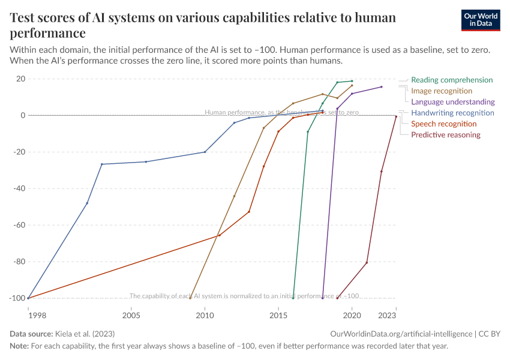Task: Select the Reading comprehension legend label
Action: pos(452,80)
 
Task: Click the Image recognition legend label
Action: pos(442,91)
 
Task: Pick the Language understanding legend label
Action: pos(452,102)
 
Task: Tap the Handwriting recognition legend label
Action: pos(452,113)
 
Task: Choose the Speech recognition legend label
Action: pos(443,124)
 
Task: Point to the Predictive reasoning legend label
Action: pos(445,134)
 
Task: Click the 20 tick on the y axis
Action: pos(20,79)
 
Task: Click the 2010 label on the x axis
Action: pos(205,315)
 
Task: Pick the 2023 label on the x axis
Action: pos(387,315)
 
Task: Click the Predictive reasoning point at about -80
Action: pos(367,262)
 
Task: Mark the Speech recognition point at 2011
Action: pos(220,235)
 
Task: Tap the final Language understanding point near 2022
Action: pos(382,87)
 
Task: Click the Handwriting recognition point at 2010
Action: pos(205,152)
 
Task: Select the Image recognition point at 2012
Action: pos(234,196)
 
